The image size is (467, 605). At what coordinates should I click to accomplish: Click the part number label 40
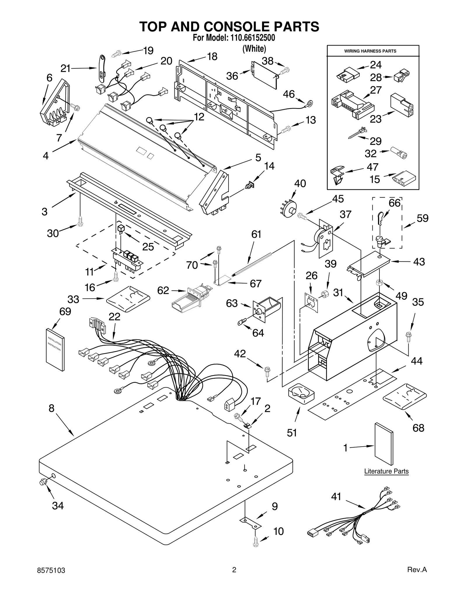(300, 183)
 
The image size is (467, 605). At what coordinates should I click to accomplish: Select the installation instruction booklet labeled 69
(55, 349)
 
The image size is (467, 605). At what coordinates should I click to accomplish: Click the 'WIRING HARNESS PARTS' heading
(370, 51)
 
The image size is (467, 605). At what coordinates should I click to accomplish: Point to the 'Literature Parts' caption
(386, 471)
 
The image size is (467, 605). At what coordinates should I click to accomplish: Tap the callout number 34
(58, 505)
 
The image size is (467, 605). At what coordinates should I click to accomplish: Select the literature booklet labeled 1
(384, 443)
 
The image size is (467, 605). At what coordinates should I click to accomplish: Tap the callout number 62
(163, 290)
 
